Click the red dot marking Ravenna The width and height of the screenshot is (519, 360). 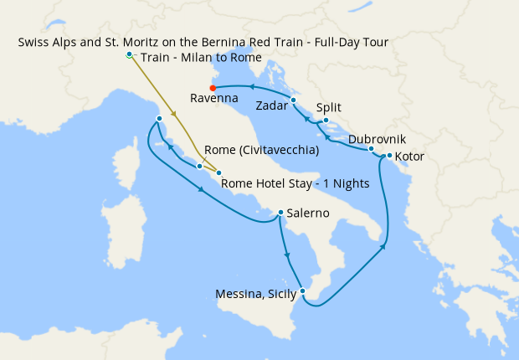coord(213,87)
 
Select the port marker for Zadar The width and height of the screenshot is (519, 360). coord(294,100)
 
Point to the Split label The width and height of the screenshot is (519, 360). coord(330,107)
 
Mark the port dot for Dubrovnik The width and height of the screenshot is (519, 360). coord(371,149)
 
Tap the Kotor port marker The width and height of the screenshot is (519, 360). coord(389,156)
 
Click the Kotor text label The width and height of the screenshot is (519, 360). coord(410,157)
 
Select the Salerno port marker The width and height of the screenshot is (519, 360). coord(280,213)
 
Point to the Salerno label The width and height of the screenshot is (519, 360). coord(308,213)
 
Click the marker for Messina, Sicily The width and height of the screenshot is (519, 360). coord(303,291)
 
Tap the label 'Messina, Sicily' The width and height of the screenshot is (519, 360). coord(255,293)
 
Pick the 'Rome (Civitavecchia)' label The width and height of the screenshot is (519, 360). coord(260,151)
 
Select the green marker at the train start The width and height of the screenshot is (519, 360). coord(129,55)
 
